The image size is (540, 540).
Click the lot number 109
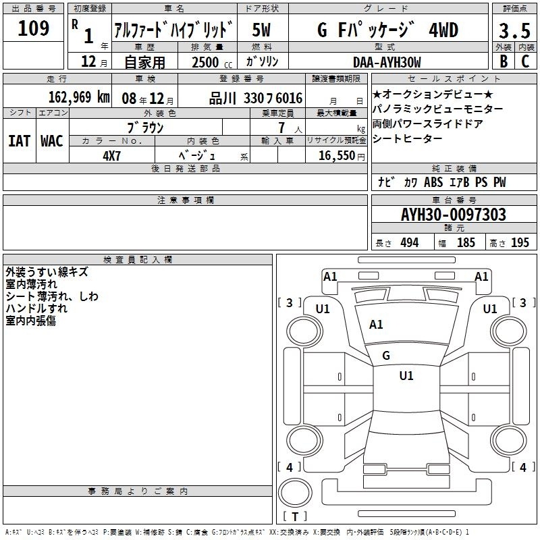click(33, 28)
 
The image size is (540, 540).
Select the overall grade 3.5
click(514, 30)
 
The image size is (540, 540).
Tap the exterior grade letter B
click(504, 61)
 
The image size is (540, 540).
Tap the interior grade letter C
click(525, 61)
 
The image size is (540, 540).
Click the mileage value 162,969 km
click(79, 97)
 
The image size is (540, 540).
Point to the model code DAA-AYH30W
click(387, 62)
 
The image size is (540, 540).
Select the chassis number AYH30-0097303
click(454, 215)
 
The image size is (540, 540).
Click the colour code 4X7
click(111, 156)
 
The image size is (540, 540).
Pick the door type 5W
click(261, 30)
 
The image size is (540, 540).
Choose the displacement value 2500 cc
click(212, 62)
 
